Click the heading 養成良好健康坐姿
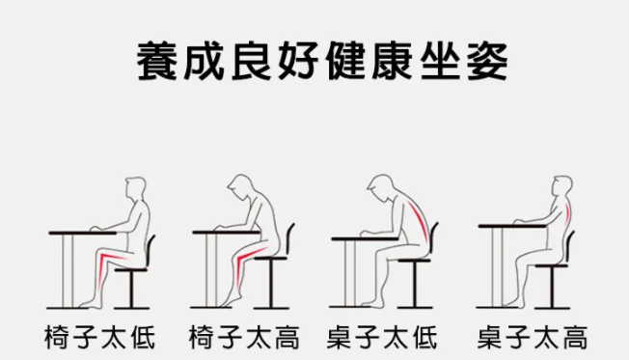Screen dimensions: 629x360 (322, 62)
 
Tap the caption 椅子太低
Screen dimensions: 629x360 (99, 338)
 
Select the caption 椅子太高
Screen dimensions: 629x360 (244, 338)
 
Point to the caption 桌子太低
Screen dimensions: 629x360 (382, 338)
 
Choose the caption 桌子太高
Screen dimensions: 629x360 (533, 338)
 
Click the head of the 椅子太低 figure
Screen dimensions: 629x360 (136, 188)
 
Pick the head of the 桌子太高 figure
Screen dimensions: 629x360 (562, 187)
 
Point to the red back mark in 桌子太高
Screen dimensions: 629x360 (566, 210)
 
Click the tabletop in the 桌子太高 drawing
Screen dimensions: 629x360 (512, 226)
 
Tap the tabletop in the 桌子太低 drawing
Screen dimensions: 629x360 (365, 238)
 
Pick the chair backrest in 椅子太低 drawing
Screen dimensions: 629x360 (150, 250)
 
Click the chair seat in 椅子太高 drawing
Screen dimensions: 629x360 (270, 259)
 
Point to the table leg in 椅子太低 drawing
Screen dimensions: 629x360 (68, 271)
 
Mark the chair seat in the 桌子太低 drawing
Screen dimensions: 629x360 (415, 260)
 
